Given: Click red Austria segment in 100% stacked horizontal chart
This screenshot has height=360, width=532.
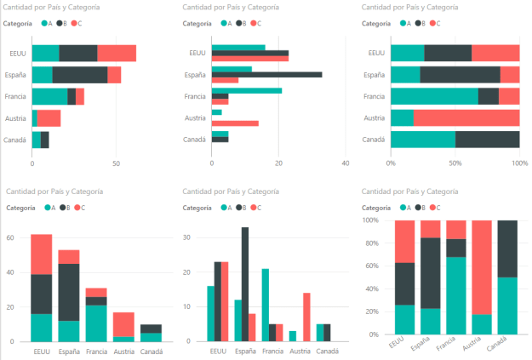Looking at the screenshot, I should (466, 118).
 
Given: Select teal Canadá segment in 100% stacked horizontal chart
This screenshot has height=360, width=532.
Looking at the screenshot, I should (423, 140).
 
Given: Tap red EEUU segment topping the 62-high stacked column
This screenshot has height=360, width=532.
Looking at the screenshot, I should (41, 254).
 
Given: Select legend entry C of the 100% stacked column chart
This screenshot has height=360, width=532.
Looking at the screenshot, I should (436, 207).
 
